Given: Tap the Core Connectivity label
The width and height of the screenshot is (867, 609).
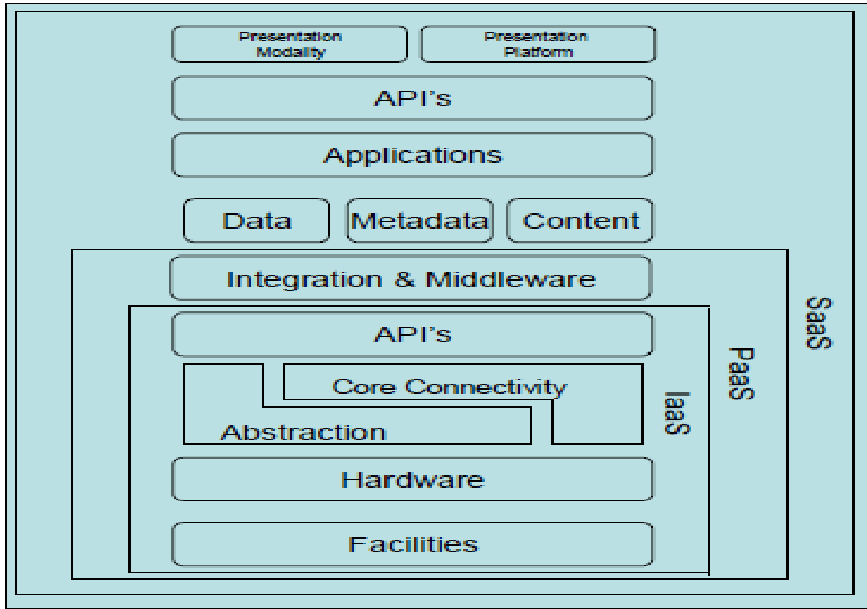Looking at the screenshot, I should pyautogui.click(x=448, y=387).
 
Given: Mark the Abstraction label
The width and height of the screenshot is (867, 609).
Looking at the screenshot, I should pyautogui.click(x=303, y=432).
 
